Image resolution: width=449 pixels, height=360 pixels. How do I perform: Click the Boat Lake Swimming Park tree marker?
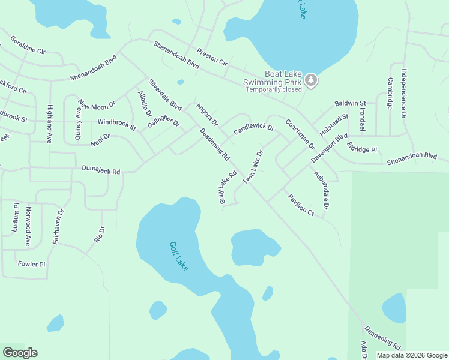click(x=310, y=79)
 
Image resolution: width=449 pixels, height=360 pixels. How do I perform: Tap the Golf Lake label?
click(x=178, y=256)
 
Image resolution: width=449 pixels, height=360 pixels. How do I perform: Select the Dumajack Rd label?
click(x=101, y=171)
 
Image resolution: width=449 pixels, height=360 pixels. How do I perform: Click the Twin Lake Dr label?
click(x=253, y=167)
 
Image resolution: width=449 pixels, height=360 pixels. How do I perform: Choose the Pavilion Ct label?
click(x=301, y=204)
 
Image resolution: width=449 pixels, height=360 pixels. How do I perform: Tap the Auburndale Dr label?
click(x=321, y=190)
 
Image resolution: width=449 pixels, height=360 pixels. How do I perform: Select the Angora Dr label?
click(x=206, y=114)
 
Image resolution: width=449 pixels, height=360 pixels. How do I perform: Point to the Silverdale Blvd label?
click(x=165, y=95)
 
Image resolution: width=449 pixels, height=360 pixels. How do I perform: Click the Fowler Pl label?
click(x=31, y=263)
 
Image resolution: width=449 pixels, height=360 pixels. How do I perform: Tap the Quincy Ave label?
click(x=78, y=124)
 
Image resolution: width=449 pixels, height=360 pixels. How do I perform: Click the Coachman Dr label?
click(x=300, y=134)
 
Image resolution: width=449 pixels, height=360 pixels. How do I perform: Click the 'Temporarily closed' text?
click(x=273, y=89)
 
